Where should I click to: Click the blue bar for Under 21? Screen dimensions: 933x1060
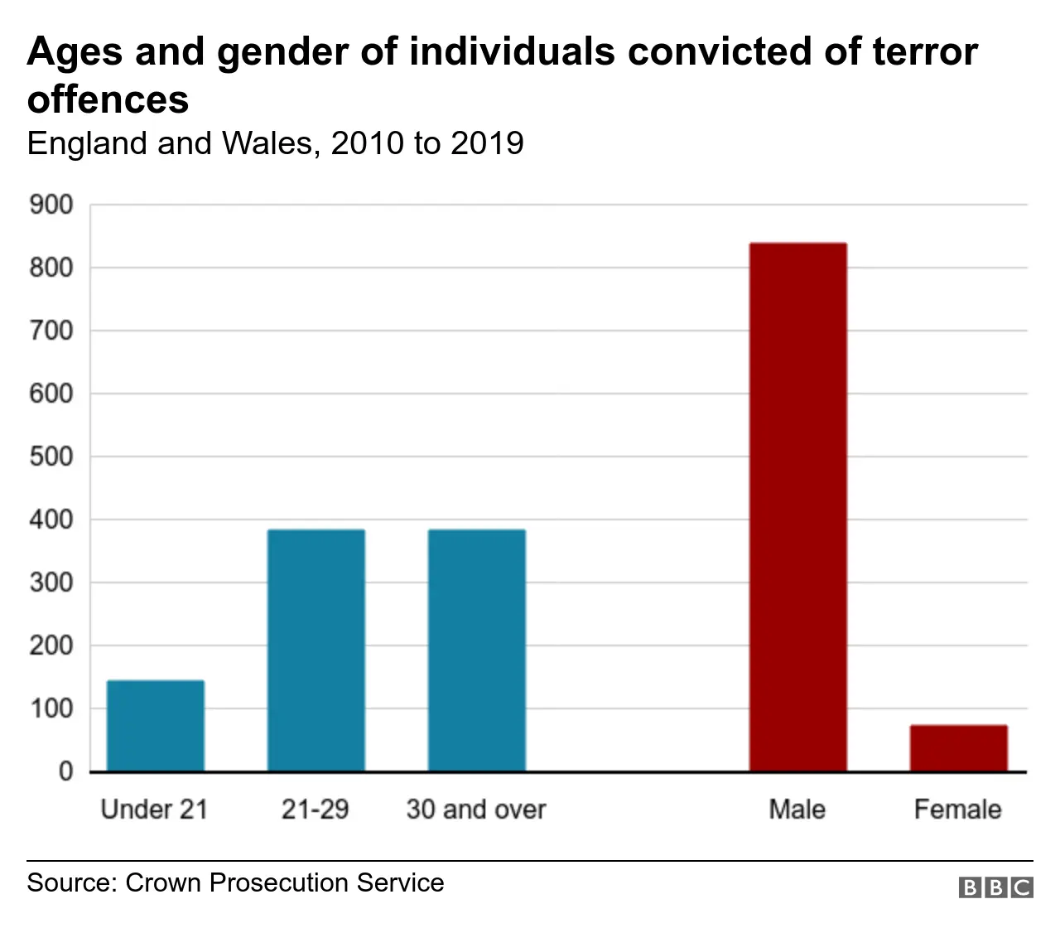tap(156, 726)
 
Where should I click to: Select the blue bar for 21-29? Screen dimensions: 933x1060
tap(316, 650)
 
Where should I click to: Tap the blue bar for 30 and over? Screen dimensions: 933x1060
tap(476, 650)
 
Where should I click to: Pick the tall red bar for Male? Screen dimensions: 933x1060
tap(797, 507)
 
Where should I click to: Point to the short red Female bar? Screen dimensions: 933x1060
tap(958, 748)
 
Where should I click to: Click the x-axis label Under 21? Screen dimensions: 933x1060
tap(154, 809)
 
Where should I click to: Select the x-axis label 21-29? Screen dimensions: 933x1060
tap(315, 809)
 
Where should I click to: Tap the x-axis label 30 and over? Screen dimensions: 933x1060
tap(476, 809)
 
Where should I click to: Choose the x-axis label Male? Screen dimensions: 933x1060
tap(797, 809)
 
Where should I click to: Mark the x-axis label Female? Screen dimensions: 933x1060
tap(957, 809)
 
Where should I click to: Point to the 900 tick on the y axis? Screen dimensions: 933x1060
tap(51, 205)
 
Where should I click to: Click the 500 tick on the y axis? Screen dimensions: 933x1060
tap(51, 457)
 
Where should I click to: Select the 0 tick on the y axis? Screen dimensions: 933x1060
tap(65, 771)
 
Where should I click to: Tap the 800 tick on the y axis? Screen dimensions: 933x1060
tap(51, 268)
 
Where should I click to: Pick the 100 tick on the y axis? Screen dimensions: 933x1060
tap(51, 708)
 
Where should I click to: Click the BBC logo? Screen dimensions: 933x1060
tap(995, 887)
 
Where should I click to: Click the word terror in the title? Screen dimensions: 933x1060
tap(925, 51)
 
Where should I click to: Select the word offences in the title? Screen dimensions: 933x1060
tap(108, 99)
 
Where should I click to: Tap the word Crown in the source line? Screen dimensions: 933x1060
tap(164, 882)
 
